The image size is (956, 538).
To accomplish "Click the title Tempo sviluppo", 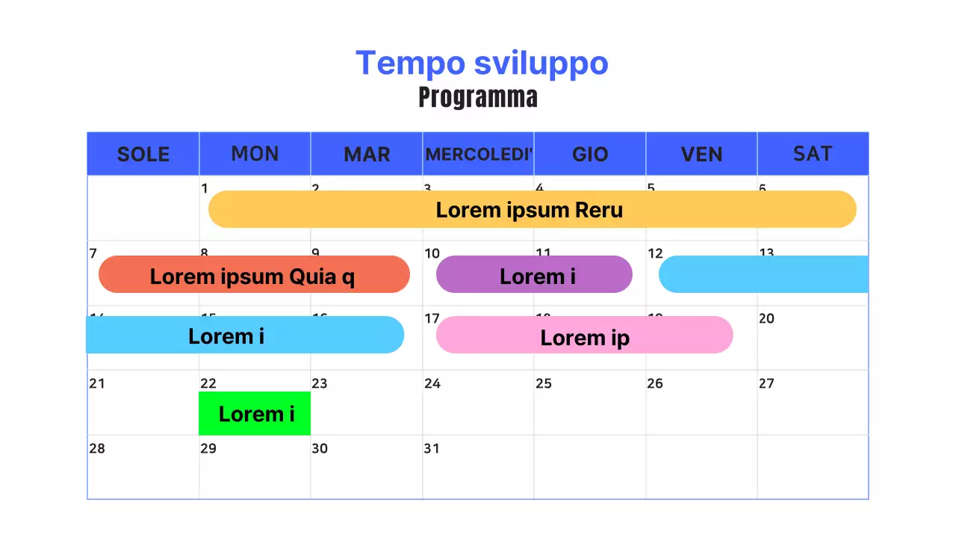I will pos(482,63).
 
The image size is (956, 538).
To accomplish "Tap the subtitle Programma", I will pos(478,98).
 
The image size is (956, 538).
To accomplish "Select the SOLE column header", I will pos(143,154).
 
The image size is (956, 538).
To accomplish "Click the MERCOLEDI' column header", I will pos(479,154).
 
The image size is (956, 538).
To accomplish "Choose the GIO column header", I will pos(590,154).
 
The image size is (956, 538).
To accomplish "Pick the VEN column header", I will pos(701,154).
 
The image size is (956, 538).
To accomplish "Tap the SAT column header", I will pos(813,154).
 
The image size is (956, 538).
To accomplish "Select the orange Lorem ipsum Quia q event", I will pos(254,275).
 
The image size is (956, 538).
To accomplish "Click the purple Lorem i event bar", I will pos(534,275).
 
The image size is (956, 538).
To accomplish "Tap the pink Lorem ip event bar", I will pos(584,336).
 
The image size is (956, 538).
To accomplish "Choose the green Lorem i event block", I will pos(255,413).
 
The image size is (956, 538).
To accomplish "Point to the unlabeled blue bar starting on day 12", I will pos(763,274).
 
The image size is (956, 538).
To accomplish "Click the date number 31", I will pos(432,448).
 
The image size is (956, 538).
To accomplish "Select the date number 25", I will pos(544,383).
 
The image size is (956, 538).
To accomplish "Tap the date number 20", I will pos(766,318).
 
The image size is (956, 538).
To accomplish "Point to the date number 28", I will pos(97,448).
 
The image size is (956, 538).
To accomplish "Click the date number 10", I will pos(432,253).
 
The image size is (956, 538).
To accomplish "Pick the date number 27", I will pos(766,383).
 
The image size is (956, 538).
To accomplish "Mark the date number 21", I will pos(97,383).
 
